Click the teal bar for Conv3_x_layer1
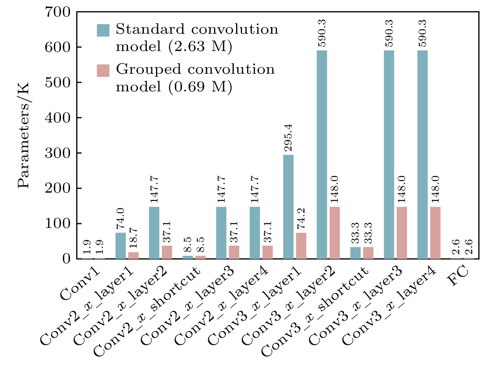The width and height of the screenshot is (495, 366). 288,207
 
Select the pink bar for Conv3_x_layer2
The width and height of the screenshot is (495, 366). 335,233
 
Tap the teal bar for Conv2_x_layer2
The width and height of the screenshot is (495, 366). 154,233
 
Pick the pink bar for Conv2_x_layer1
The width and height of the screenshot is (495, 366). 134,255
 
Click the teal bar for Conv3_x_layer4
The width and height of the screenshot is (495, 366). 422,155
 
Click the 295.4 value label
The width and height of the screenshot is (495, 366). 288,140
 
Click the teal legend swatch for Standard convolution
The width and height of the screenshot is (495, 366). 103,30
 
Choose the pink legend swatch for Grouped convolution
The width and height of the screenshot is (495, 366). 103,71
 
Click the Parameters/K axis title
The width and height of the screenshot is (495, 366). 24,136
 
